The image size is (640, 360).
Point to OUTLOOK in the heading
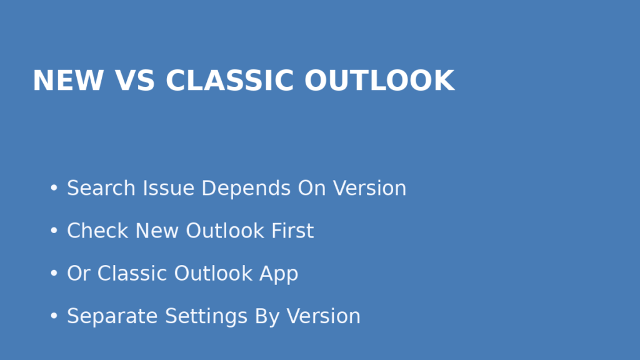[x=379, y=81]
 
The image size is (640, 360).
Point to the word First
[x=292, y=231]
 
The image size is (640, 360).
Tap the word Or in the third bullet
[x=79, y=273]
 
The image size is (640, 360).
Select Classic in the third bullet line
[x=132, y=273]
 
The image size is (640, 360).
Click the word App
[x=279, y=274]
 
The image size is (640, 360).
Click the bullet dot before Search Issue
[x=54, y=188]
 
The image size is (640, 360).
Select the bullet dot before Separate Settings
[x=54, y=316]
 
